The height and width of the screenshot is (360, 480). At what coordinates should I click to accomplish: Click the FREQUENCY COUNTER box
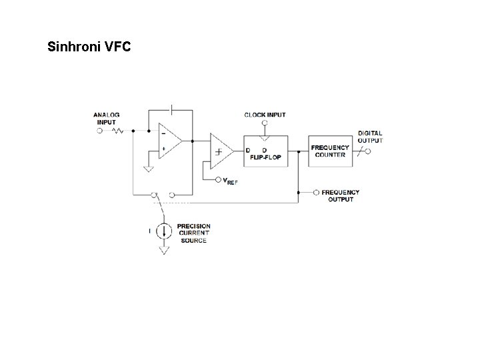click(x=330, y=151)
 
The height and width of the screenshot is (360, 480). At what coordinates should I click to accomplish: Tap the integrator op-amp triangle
click(x=169, y=140)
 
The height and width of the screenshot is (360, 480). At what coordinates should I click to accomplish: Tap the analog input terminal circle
click(x=100, y=131)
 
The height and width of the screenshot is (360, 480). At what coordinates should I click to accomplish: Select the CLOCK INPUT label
click(x=265, y=115)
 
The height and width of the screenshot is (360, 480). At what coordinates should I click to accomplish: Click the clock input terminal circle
click(x=265, y=123)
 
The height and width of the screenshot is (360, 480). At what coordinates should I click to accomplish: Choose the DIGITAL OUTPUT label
click(x=370, y=137)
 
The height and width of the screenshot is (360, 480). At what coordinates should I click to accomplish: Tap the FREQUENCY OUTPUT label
click(x=340, y=195)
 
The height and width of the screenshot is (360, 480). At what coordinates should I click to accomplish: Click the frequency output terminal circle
click(x=316, y=192)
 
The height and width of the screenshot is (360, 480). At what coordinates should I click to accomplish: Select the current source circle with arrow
click(x=163, y=232)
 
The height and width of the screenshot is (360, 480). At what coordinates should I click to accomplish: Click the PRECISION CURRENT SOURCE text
click(x=193, y=233)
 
